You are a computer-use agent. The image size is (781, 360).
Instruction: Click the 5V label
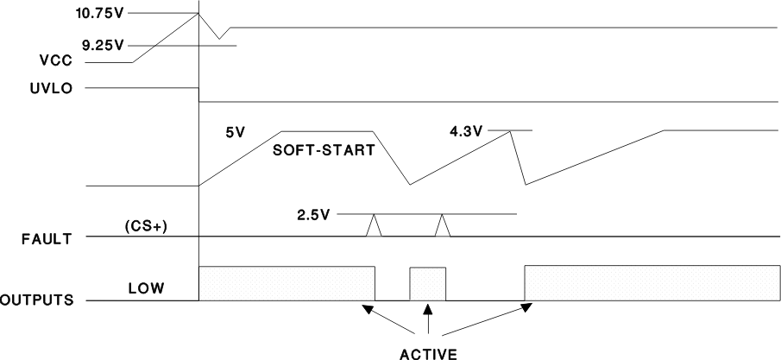(236, 133)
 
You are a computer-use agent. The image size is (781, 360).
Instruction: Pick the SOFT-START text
(323, 149)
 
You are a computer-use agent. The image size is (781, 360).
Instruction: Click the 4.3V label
(466, 131)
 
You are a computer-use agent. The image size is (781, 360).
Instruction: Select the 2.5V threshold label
(314, 212)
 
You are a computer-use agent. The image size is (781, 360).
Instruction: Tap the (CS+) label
(143, 229)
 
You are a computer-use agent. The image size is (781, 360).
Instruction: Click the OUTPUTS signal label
(36, 300)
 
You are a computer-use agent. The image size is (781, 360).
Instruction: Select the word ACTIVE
(429, 351)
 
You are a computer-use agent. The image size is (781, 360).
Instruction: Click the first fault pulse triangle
(374, 225)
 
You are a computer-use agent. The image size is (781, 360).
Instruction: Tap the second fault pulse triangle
(443, 225)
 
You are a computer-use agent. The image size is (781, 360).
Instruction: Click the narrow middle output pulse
(428, 284)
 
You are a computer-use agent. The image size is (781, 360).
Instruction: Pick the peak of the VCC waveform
(199, 13)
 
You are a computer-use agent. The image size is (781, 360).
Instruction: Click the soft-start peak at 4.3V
(511, 131)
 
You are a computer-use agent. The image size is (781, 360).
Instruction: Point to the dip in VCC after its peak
(221, 38)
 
